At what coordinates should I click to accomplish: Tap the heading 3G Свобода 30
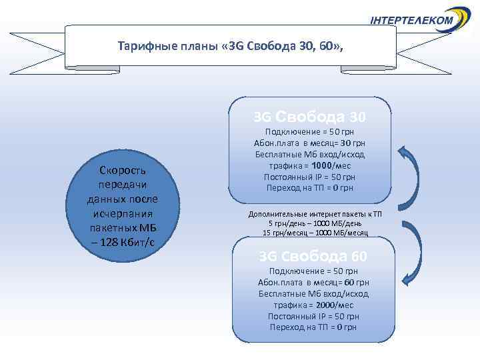click(x=309, y=117)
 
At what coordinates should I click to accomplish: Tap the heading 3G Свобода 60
click(x=313, y=257)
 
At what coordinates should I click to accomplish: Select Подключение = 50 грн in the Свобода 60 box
click(x=313, y=271)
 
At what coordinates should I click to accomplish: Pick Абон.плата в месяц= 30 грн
click(x=310, y=143)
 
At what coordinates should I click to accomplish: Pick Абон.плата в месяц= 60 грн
click(x=313, y=282)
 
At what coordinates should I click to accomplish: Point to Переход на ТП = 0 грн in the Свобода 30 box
click(x=310, y=188)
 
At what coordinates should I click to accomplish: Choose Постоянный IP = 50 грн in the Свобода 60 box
click(x=313, y=316)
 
